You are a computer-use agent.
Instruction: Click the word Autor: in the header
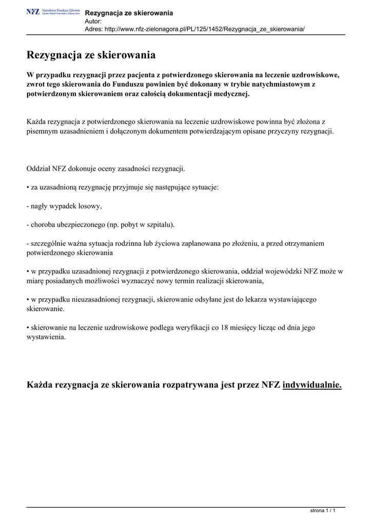[x=93, y=21]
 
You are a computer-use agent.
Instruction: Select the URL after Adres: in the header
[x=205, y=29]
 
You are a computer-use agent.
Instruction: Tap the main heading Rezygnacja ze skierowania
[x=91, y=54]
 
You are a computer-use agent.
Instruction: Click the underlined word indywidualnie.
[x=312, y=385]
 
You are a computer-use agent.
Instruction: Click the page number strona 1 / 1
[x=323, y=511]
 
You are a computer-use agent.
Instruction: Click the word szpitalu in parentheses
[x=159, y=225]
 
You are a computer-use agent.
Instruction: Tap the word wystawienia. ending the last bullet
[x=46, y=337]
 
